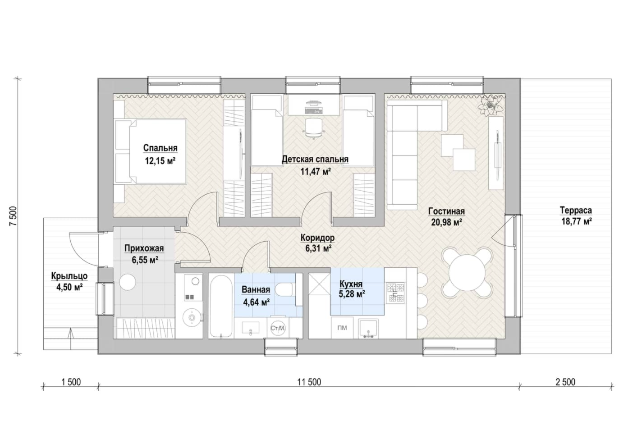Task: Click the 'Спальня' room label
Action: click(x=160, y=148)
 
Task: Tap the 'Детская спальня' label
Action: click(x=315, y=159)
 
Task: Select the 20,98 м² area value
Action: click(x=447, y=222)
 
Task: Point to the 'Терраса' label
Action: click(x=576, y=210)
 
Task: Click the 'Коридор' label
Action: click(x=318, y=238)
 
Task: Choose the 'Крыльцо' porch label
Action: click(x=69, y=276)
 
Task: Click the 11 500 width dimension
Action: click(x=309, y=382)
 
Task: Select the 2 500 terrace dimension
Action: click(x=565, y=382)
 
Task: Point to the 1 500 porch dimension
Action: click(x=71, y=382)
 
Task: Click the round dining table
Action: click(x=467, y=272)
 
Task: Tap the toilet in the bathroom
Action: click(x=284, y=289)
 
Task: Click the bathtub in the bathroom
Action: click(x=221, y=306)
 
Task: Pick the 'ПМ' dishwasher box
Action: click(x=342, y=328)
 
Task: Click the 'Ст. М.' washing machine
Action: click(x=278, y=328)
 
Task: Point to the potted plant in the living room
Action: click(x=490, y=105)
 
